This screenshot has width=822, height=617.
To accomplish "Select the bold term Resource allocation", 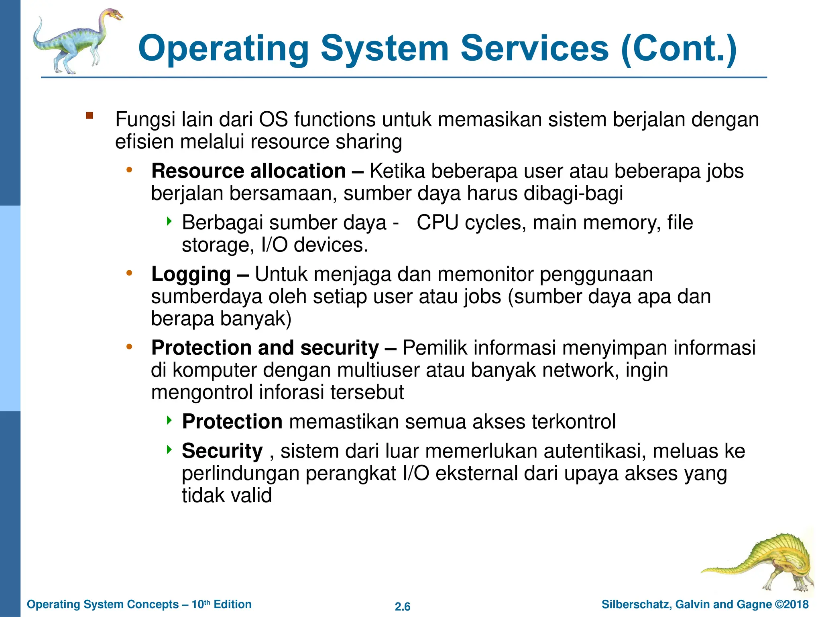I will coord(248,171).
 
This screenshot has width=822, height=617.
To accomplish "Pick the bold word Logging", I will coord(191,275).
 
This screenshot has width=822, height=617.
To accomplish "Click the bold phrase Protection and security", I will coord(265,348).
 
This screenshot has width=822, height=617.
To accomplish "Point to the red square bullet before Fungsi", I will coord(89,116).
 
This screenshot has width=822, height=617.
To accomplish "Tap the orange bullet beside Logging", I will coord(129,273).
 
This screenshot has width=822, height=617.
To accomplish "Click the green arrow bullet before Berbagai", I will coord(169,221).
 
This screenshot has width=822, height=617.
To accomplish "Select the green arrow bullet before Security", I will coord(169,449).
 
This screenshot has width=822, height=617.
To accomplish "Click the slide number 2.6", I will coord(403,607).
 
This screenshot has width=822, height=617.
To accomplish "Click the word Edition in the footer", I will coord(232,604).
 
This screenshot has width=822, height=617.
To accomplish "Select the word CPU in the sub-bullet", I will coord(437,223).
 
